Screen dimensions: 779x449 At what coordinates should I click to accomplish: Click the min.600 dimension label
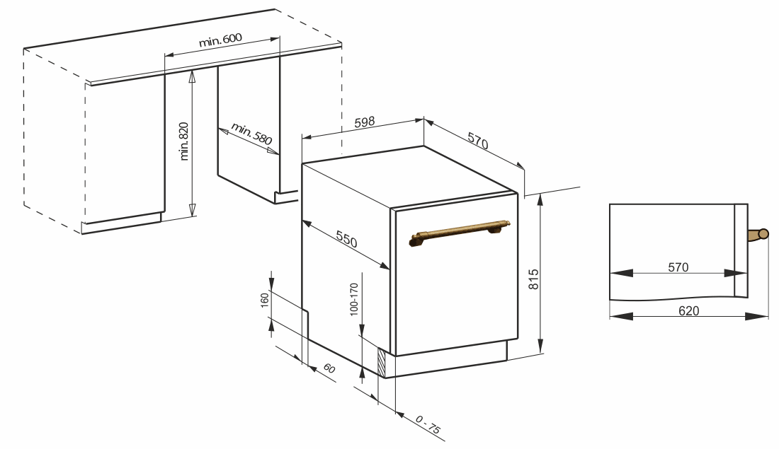pos(220,40)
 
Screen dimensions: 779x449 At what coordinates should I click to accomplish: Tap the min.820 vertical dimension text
pos(184,141)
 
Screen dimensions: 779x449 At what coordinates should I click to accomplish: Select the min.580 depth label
pos(252,134)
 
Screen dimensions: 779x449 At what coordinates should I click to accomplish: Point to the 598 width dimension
pos(365,122)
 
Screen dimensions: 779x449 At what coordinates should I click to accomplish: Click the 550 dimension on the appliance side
pos(346,239)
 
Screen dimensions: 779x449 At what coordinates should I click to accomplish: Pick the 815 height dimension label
pos(533,279)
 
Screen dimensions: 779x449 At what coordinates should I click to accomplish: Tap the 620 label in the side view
pos(688,310)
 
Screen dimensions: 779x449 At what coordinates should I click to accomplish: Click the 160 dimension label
pos(264,301)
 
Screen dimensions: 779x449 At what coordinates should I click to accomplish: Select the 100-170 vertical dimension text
pos(353,300)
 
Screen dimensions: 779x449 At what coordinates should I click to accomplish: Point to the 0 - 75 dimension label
pos(427,425)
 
